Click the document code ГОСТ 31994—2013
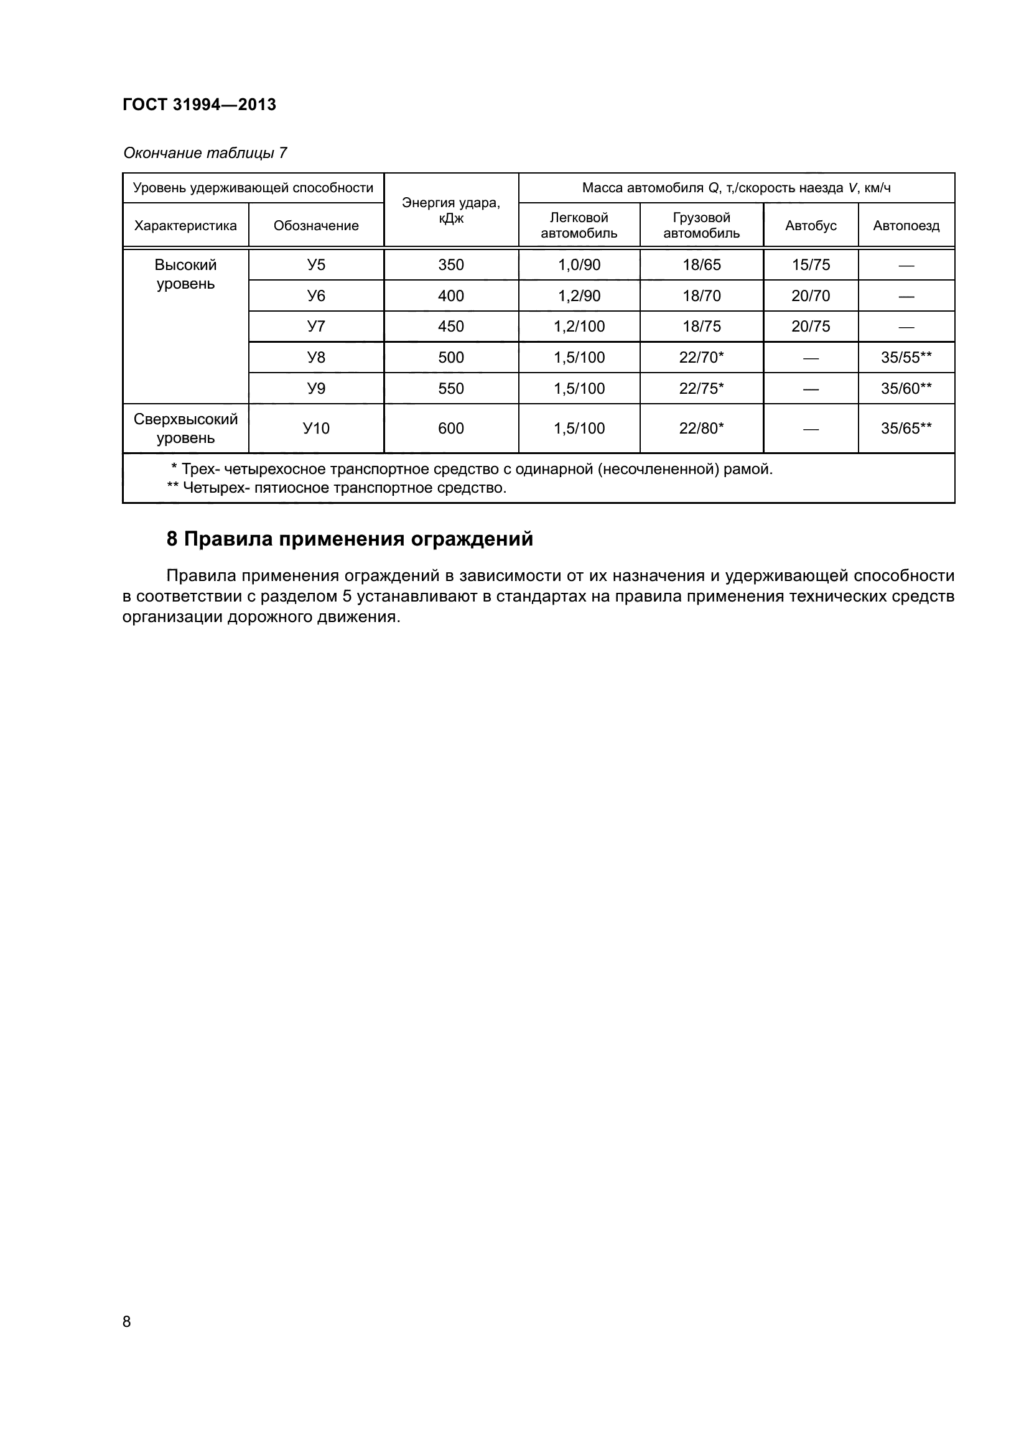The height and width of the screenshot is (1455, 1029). [200, 105]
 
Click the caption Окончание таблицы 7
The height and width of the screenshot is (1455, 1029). [205, 153]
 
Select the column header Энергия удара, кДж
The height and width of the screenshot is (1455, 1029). [451, 210]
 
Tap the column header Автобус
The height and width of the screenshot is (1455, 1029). [811, 226]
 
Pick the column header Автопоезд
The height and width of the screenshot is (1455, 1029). [906, 226]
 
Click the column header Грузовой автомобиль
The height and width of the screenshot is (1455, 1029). [701, 226]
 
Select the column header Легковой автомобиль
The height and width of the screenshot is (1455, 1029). [579, 226]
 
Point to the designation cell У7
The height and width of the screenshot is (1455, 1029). [316, 327]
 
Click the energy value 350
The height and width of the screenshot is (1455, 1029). [451, 265]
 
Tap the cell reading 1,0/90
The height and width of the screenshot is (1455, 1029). [579, 265]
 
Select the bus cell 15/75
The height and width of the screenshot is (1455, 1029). [811, 265]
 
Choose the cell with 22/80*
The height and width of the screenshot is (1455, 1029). [701, 429]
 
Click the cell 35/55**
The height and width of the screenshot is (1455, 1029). [906, 358]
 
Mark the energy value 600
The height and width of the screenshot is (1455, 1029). [451, 429]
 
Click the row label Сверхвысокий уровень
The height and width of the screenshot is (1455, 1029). [185, 429]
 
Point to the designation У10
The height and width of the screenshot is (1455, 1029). [316, 429]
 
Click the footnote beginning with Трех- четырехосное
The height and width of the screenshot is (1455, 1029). [472, 470]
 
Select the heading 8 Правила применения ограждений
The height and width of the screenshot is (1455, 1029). [350, 539]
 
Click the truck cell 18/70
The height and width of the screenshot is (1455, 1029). [701, 296]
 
